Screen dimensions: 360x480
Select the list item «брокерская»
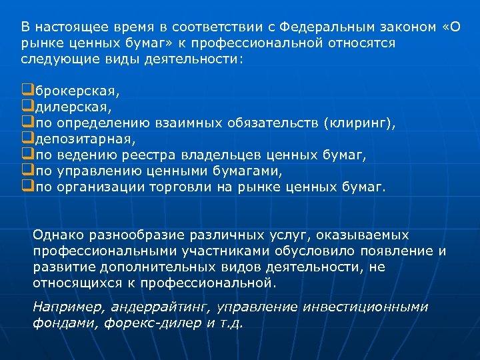pos(67,89)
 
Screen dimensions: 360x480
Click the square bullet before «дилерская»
pos(27,105)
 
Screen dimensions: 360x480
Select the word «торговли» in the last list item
pos(179,187)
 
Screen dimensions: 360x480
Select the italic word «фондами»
pos(57,323)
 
